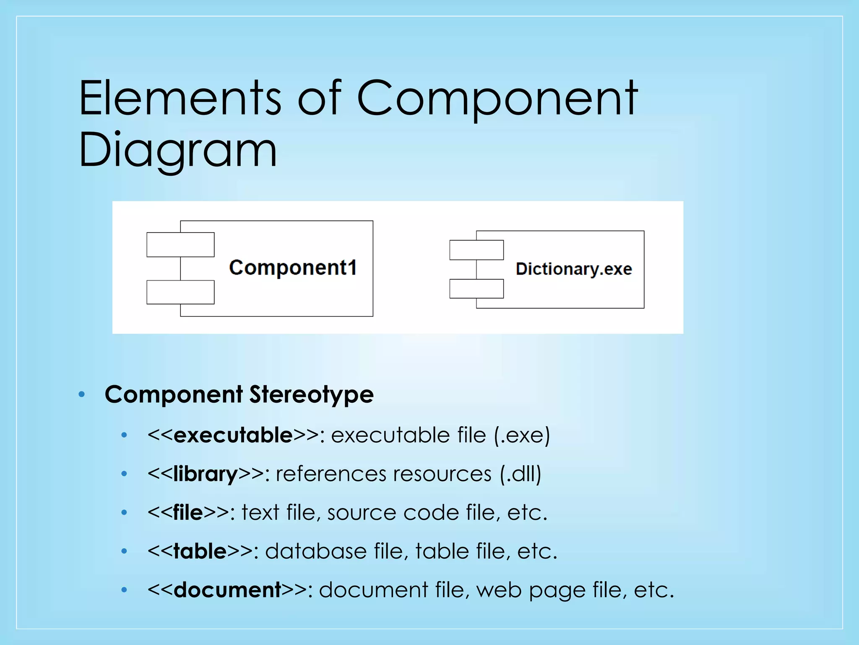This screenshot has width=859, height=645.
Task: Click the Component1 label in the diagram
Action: tap(293, 267)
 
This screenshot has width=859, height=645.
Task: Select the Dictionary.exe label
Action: tap(573, 269)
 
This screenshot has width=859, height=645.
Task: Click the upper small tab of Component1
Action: tap(180, 244)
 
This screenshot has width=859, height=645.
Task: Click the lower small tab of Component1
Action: tap(180, 292)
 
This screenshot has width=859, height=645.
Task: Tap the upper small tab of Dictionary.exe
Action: tap(476, 250)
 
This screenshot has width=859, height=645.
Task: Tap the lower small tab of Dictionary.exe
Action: tap(476, 288)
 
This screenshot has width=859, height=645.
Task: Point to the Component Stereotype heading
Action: tap(239, 394)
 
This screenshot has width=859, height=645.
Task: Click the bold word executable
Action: tap(233, 435)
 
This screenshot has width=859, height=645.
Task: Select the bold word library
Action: tap(206, 474)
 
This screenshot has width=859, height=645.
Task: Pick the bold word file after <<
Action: tap(188, 512)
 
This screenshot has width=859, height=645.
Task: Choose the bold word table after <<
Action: tap(200, 551)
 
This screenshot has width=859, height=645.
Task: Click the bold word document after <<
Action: tap(227, 590)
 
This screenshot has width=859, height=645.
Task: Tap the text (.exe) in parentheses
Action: tap(521, 435)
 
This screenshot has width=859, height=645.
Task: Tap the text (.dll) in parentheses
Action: tap(520, 474)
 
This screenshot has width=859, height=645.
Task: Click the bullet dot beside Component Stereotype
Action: tap(82, 394)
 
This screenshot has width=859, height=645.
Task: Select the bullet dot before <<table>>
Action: tap(124, 551)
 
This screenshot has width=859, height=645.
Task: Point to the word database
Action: tap(315, 551)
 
